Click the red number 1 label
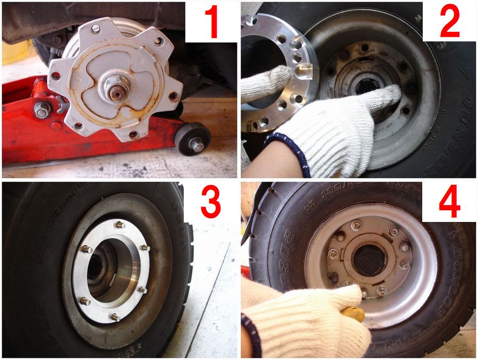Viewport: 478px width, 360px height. tap(211, 22)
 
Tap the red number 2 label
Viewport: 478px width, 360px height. tap(449, 22)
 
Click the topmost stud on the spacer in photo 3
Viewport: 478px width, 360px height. tap(120, 225)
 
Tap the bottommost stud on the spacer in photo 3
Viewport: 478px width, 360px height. tap(115, 317)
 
